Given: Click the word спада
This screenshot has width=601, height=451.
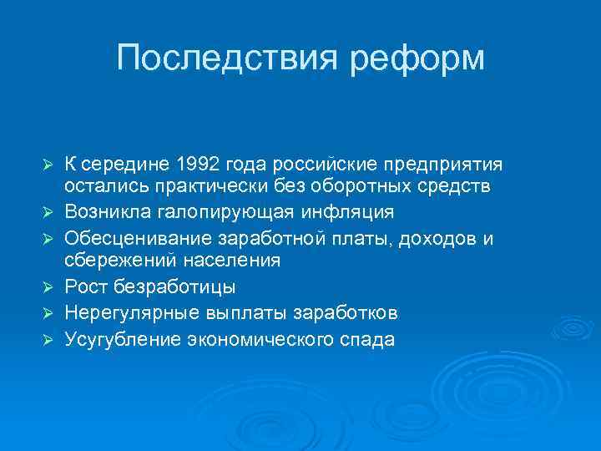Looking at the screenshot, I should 366,339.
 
